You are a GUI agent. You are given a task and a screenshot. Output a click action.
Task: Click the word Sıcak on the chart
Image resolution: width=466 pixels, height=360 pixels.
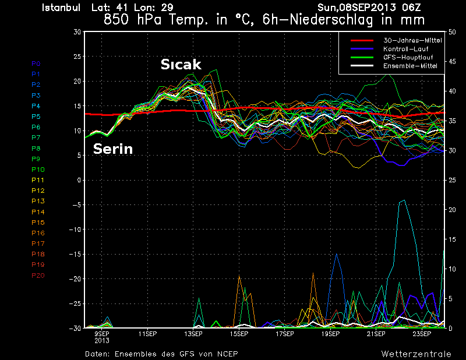(181, 64)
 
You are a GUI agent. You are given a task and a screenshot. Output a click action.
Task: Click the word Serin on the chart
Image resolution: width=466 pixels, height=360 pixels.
(113, 149)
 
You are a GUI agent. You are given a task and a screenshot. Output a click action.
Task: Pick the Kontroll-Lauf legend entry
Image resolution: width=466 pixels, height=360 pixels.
(403, 49)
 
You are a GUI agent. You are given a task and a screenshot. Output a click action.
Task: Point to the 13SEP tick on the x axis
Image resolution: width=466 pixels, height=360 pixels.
(193, 334)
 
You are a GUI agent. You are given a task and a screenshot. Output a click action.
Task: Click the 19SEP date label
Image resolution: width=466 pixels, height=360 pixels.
(330, 334)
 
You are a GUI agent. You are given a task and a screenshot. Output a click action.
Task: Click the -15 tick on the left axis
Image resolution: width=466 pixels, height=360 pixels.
(74, 255)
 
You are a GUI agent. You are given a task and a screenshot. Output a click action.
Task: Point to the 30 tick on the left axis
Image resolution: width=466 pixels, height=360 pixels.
(76, 32)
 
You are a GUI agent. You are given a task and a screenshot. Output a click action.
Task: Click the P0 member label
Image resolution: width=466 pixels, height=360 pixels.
(36, 63)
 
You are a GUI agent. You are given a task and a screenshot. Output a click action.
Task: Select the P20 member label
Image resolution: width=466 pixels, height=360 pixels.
(38, 276)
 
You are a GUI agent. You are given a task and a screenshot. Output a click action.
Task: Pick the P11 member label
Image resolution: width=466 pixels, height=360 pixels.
(38, 180)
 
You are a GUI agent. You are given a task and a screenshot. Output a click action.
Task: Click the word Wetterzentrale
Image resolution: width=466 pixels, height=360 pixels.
(416, 354)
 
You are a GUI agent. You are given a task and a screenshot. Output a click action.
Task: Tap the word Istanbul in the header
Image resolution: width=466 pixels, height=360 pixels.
(63, 8)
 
